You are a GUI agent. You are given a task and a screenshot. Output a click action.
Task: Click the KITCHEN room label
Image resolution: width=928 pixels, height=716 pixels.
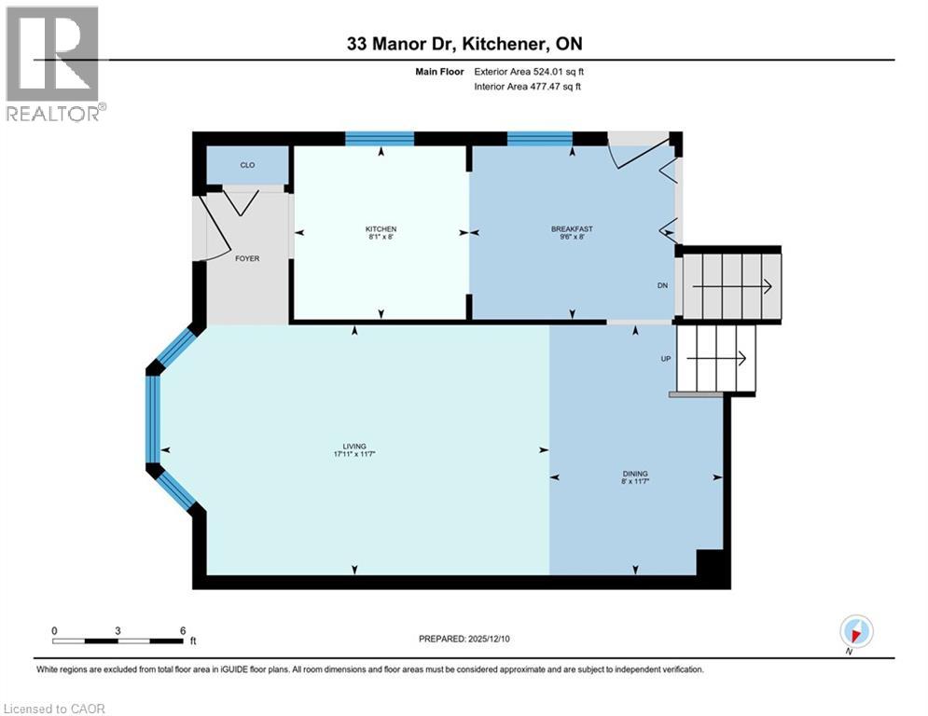pyautogui.click(x=381, y=229)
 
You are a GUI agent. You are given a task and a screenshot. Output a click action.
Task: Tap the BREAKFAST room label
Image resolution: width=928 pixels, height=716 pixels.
pyautogui.click(x=572, y=229)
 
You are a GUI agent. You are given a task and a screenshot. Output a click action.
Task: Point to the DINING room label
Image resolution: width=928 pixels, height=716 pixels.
pyautogui.click(x=635, y=474)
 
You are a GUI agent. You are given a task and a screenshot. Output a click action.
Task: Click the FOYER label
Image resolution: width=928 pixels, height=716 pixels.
pyautogui.click(x=247, y=258)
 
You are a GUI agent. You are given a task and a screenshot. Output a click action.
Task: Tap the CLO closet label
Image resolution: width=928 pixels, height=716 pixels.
pyautogui.click(x=247, y=165)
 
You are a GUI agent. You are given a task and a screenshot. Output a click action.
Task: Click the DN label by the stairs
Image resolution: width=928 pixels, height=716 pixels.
pyautogui.click(x=661, y=287)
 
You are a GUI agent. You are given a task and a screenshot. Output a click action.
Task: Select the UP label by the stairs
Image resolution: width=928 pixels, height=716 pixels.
pyautogui.click(x=666, y=358)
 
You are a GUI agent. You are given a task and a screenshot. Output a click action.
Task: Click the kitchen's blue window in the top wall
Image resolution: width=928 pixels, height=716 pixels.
pyautogui.click(x=380, y=139)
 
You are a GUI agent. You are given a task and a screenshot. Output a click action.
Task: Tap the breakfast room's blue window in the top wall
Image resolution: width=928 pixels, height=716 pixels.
pyautogui.click(x=540, y=139)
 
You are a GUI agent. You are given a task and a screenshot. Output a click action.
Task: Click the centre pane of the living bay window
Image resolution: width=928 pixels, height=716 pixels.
pyautogui.click(x=154, y=419)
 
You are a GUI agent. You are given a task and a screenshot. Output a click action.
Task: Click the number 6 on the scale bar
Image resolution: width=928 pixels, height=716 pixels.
pyautogui.click(x=183, y=630)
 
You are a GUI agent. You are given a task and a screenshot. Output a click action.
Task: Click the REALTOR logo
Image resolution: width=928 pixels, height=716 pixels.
pyautogui.click(x=53, y=63)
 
